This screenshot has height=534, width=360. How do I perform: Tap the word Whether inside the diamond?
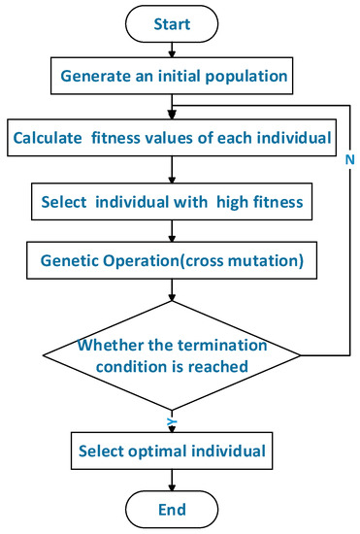click(112, 347)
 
